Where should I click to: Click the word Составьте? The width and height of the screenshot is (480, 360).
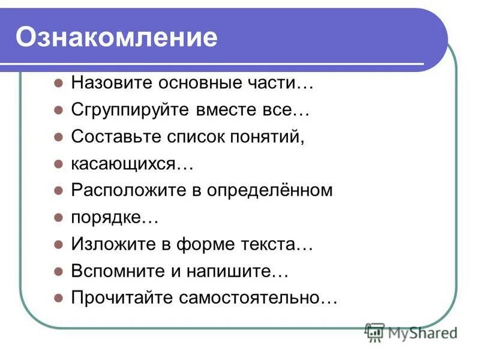(108, 137)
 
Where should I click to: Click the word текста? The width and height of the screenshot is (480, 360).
(273, 244)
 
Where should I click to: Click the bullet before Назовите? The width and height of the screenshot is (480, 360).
(58, 83)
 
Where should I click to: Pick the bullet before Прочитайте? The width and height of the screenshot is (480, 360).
(58, 298)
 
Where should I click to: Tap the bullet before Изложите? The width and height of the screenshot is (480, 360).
(58, 244)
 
